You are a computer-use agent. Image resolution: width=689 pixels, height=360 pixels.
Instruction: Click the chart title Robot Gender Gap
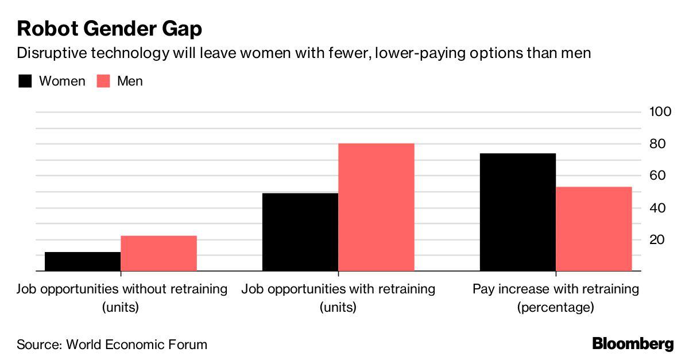109,28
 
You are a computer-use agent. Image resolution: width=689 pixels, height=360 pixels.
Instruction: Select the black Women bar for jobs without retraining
82,261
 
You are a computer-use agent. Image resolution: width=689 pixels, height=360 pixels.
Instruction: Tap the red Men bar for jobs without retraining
158,253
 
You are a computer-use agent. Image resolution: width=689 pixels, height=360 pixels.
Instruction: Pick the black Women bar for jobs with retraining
300,232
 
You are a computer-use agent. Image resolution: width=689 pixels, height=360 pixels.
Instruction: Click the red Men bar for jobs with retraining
376,207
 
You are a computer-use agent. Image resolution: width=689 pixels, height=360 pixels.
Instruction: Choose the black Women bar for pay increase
517,212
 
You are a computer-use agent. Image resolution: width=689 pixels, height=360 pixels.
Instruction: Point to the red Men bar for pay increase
594,229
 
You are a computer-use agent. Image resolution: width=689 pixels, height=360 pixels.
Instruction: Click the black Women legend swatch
25,81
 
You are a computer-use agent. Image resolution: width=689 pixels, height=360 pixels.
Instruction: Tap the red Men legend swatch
103,81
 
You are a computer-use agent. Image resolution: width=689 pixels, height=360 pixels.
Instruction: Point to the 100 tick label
660,111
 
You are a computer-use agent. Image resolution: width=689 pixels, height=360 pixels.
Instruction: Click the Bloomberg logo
633,344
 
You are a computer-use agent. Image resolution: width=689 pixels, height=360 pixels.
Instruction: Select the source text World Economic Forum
137,344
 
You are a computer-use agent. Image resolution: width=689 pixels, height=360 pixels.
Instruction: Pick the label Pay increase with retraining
556,288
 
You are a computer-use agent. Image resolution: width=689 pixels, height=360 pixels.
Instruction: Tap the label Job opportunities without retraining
122,288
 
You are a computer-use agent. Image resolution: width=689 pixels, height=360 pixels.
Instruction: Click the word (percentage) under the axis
555,307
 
